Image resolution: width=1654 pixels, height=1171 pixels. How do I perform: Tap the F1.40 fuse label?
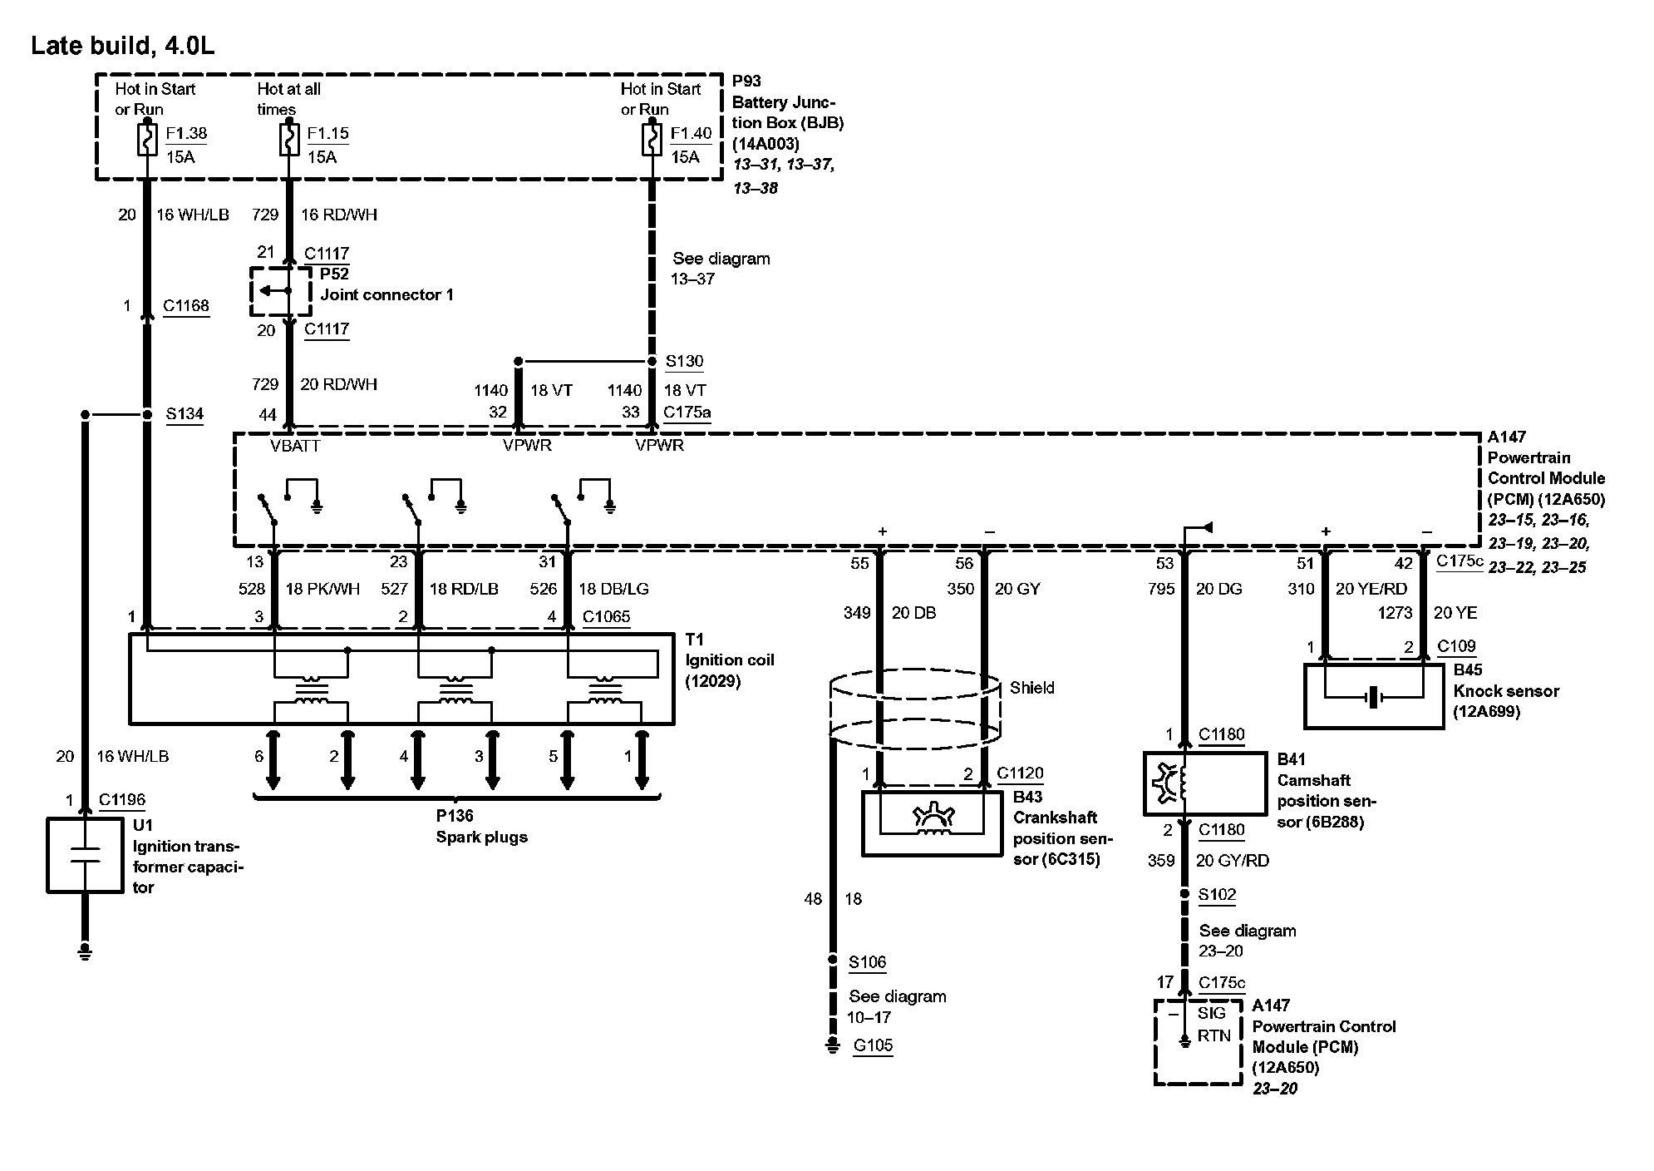pos(691,133)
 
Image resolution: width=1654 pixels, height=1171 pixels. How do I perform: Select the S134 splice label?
pos(185,414)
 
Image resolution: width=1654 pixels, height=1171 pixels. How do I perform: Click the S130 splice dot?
pos(652,362)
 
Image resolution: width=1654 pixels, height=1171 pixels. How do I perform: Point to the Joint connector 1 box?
pos(280,292)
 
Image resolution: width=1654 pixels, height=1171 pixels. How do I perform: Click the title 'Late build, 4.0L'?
pos(122,46)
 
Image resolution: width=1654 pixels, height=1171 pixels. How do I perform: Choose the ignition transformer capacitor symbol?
pos(85,856)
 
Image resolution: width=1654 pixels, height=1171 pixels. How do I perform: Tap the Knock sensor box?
pos(1373,696)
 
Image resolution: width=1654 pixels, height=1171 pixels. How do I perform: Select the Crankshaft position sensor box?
pos(932,822)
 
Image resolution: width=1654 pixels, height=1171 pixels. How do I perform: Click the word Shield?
pos(1031,688)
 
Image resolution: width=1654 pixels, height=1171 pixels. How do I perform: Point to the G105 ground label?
pos(873,1045)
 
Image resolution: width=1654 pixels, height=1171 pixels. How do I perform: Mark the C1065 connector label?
pos(606,617)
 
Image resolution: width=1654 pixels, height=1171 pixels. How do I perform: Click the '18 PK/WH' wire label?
pos(322,590)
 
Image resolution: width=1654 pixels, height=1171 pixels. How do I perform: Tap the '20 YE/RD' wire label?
pos(1371,590)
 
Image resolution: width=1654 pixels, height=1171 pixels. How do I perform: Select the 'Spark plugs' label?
pos(481,837)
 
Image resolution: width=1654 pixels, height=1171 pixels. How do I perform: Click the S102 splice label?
pos(1217,896)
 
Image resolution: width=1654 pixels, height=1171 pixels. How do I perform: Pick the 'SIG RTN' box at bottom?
pos(1198,1042)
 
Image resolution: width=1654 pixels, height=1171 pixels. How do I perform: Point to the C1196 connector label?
pos(121,800)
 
